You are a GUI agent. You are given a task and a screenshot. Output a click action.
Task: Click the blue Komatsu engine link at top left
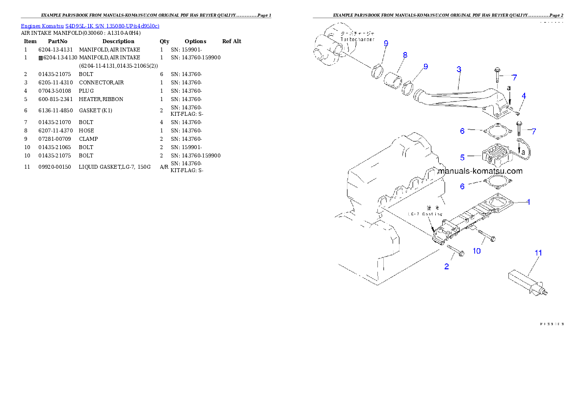click(x=90, y=26)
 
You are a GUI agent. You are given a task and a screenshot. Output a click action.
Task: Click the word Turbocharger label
click(x=357, y=39)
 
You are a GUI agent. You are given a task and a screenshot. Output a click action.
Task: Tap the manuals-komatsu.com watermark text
click(x=480, y=171)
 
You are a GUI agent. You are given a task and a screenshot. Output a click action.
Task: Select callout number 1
click(x=529, y=202)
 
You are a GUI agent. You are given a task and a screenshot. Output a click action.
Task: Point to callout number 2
click(x=447, y=266)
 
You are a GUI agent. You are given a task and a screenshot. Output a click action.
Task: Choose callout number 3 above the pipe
click(x=458, y=70)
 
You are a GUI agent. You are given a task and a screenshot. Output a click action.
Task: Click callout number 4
click(x=524, y=96)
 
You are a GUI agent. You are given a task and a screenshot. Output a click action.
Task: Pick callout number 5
click(x=462, y=157)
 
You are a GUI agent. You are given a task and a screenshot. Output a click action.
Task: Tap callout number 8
click(x=405, y=55)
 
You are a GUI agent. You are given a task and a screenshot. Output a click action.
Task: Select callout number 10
click(x=477, y=251)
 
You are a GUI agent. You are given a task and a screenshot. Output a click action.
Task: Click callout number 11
click(x=538, y=253)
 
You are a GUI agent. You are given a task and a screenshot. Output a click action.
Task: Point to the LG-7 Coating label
click(x=425, y=214)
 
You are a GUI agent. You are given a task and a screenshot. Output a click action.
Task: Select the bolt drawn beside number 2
click(x=456, y=252)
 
